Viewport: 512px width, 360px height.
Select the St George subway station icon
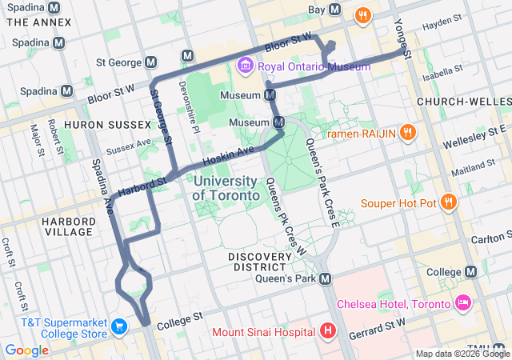151,62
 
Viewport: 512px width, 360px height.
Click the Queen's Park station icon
325,279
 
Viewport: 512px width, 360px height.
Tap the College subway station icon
472,273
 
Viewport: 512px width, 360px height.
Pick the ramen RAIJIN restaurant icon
407,133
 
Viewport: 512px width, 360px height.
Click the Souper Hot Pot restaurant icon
448,202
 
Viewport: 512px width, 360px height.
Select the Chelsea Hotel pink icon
462,304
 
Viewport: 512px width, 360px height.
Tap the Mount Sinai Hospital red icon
326,330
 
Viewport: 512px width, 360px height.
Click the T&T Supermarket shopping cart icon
119,327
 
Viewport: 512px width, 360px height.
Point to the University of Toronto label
226,189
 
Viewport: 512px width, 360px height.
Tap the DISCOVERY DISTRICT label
257,262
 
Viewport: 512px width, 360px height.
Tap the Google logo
26,350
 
